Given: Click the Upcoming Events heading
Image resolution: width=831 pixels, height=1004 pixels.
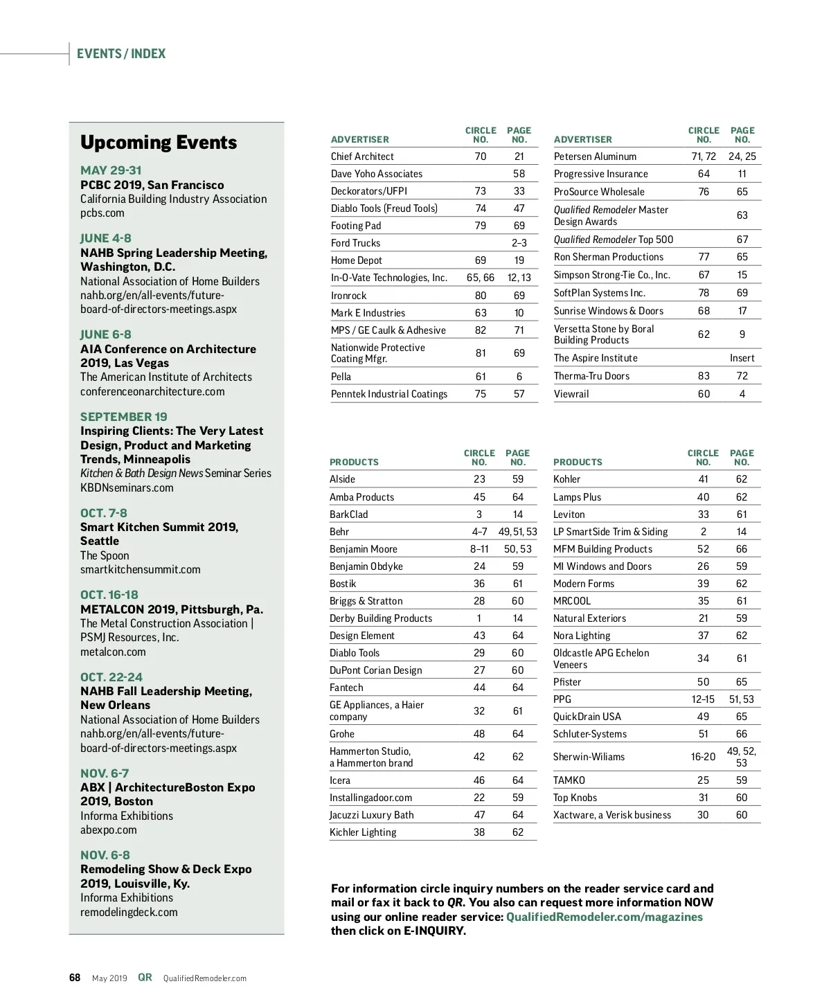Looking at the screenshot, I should (x=159, y=143).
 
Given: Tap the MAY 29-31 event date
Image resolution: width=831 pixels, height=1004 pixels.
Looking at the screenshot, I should (x=111, y=170).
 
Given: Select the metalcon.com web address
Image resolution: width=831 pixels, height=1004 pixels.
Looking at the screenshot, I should (x=113, y=652).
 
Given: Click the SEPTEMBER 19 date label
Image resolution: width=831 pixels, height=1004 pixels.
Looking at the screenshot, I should (x=123, y=417).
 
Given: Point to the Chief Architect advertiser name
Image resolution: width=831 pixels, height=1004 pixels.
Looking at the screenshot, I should (x=362, y=156).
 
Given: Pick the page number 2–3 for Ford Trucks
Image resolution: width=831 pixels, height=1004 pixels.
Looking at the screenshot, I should (x=519, y=243).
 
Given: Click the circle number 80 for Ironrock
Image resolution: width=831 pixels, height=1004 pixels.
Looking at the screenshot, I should (x=481, y=296).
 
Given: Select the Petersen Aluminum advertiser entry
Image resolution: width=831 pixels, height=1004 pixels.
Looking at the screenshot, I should (x=595, y=156).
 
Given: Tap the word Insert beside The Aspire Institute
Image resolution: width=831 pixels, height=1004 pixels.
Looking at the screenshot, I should (x=742, y=358).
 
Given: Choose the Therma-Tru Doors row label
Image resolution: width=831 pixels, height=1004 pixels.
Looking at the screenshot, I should (x=591, y=376).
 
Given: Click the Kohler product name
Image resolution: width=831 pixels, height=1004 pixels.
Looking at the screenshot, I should (x=566, y=479).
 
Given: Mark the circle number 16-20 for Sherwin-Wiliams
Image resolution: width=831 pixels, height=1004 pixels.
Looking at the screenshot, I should (x=703, y=757).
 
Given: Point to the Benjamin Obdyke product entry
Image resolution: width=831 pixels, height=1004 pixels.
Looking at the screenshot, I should (x=366, y=566).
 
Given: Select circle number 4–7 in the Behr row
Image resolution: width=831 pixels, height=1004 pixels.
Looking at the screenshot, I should (x=479, y=532).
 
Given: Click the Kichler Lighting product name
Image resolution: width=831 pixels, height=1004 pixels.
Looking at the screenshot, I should (x=363, y=832).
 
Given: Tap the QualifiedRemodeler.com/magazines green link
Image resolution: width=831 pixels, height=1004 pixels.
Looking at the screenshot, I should (x=604, y=917).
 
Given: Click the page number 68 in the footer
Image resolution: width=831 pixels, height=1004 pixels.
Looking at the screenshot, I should (x=75, y=978).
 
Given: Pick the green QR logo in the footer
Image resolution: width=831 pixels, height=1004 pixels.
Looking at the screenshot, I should (x=145, y=977).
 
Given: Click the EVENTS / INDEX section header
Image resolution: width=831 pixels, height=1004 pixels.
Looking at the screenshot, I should (x=121, y=54).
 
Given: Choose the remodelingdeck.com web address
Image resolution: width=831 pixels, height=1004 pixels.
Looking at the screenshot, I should (x=129, y=912).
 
